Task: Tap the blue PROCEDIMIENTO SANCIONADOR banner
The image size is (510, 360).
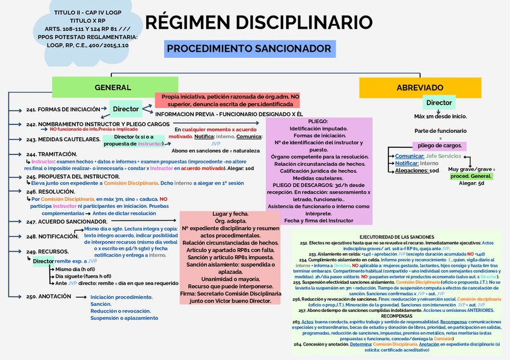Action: click(x=249, y=49)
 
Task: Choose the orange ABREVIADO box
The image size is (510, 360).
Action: click(x=420, y=88)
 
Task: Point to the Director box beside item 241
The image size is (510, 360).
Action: click(x=126, y=109)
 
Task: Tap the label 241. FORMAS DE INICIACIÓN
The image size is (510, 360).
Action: click(x=63, y=109)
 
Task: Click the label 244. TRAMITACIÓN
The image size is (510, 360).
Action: click(x=52, y=154)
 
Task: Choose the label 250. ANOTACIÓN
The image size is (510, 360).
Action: click(x=49, y=296)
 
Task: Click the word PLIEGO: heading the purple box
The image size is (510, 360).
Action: click(x=318, y=121)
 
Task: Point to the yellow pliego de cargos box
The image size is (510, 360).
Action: click(x=440, y=145)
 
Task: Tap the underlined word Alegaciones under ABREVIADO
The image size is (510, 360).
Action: click(x=412, y=171)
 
